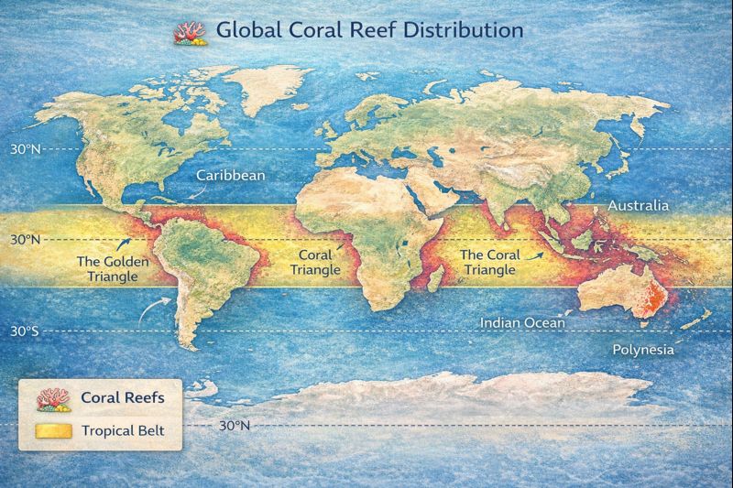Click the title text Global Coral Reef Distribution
369,29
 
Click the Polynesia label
642,350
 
